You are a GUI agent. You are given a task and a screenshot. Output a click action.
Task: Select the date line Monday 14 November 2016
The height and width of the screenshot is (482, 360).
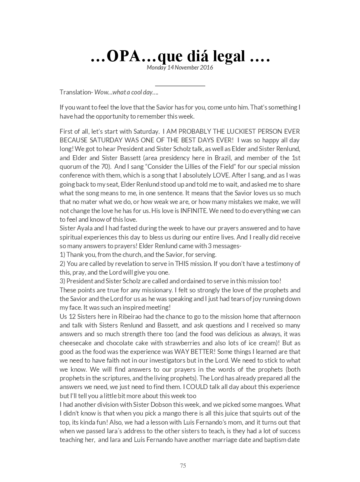coord(180,68)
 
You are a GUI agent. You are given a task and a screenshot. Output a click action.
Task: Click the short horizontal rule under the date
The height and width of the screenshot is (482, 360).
coord(180,86)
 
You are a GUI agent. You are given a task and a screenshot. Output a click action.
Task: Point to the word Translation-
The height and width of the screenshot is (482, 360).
coord(76,92)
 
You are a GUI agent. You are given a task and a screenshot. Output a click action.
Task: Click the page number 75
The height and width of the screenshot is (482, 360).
coord(183,465)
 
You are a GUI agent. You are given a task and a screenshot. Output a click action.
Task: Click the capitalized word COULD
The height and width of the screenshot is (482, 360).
coord(198,387)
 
